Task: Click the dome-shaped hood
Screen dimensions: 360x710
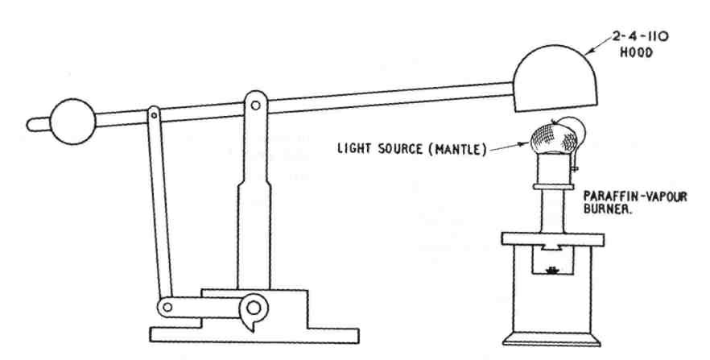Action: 555,80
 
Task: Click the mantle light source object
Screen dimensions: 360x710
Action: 555,141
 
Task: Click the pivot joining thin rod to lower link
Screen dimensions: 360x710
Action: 167,306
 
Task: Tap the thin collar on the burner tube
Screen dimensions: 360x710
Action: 555,187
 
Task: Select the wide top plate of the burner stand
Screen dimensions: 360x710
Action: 555,238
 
